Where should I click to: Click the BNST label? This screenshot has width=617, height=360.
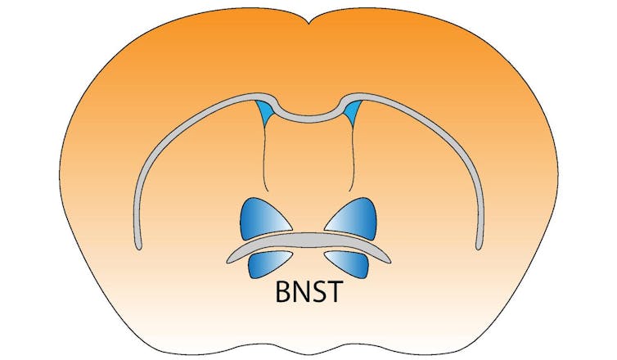coord(308,292)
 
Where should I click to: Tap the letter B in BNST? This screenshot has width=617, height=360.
coord(282,292)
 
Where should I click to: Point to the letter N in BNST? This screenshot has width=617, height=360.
coord(300,292)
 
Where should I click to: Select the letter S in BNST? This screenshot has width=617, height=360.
coord(318,292)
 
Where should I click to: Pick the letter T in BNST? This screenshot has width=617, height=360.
coord(335,292)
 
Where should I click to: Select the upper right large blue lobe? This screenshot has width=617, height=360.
coord(354,219)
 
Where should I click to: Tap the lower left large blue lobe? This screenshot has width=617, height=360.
coord(268,263)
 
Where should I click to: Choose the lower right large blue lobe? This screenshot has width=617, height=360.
coord(349,263)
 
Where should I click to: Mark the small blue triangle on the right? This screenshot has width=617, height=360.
coord(352,110)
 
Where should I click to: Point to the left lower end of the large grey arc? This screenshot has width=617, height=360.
coord(138,247)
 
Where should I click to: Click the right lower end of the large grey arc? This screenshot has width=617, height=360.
coord(479,247)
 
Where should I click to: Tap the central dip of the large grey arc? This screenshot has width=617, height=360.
coord(308,118)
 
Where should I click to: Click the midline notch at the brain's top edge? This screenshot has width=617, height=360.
coord(308,24)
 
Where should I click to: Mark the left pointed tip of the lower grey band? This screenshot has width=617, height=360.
coord(227,262)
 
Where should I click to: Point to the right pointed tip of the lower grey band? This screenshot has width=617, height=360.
coord(390,262)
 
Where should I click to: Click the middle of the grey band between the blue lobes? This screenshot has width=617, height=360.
coord(308,241)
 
